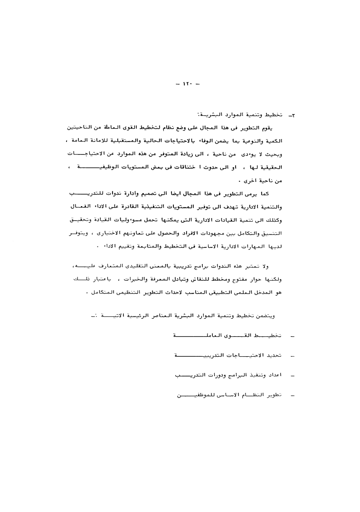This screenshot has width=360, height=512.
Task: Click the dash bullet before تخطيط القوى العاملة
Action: (292, 336)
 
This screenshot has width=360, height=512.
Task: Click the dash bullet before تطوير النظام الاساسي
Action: (292, 395)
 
